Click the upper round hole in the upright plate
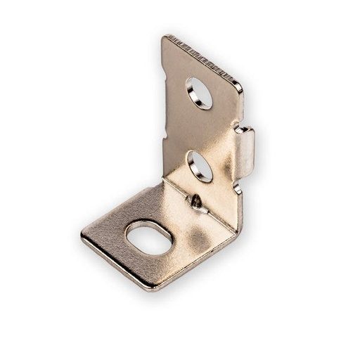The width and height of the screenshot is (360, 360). (199, 93)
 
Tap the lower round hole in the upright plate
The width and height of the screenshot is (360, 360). (199, 166)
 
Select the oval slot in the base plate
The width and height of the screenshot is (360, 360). (148, 238)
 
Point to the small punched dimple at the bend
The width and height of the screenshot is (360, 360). (198, 203)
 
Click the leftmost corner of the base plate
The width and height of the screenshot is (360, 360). (82, 237)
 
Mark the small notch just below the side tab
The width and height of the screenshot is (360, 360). (237, 189)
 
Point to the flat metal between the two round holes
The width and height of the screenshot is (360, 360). (200, 130)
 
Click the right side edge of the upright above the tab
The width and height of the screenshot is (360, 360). (242, 105)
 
